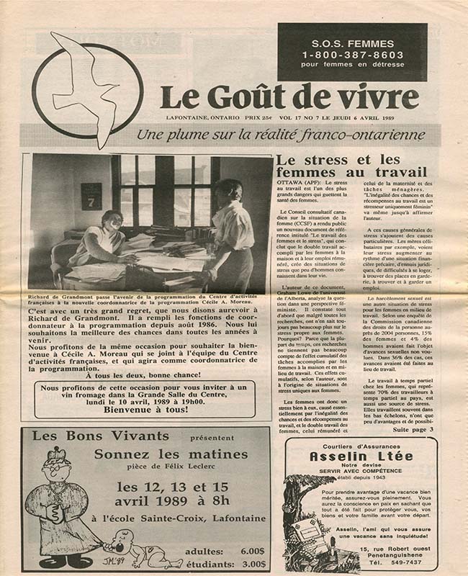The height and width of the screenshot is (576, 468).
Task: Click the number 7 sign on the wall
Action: coord(91,197)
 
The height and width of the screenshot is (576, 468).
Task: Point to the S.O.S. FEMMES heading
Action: coord(352,40)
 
